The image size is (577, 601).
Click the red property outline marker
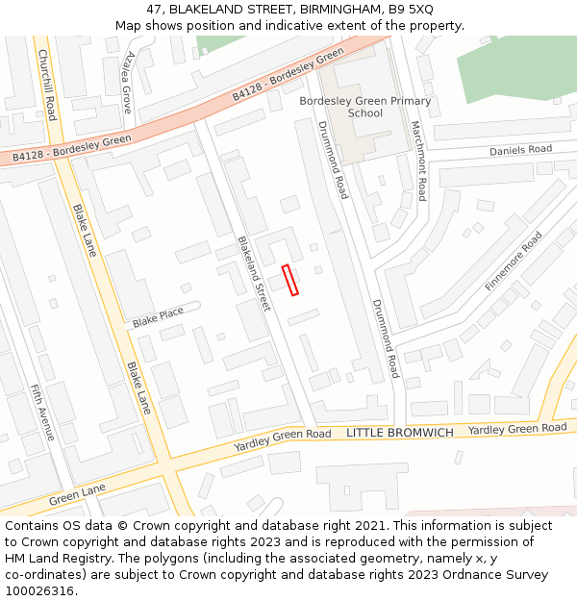pyautogui.click(x=290, y=280)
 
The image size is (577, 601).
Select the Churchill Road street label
pyautogui.click(x=46, y=87)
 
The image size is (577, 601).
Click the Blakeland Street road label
pyautogui.click(x=255, y=274)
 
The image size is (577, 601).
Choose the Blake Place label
pyautogui.click(x=158, y=315)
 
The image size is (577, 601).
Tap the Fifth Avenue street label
pyautogui.click(x=43, y=413)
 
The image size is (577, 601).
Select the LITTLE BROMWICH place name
pyautogui.click(x=400, y=433)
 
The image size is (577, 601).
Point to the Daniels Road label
pyautogui.click(x=520, y=150)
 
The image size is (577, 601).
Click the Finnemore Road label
pyautogui.click(x=514, y=262)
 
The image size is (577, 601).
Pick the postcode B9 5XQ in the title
pyautogui.click(x=411, y=9)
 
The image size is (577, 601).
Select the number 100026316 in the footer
pyautogui.click(x=40, y=590)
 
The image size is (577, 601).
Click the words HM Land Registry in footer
pyautogui.click(x=58, y=558)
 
